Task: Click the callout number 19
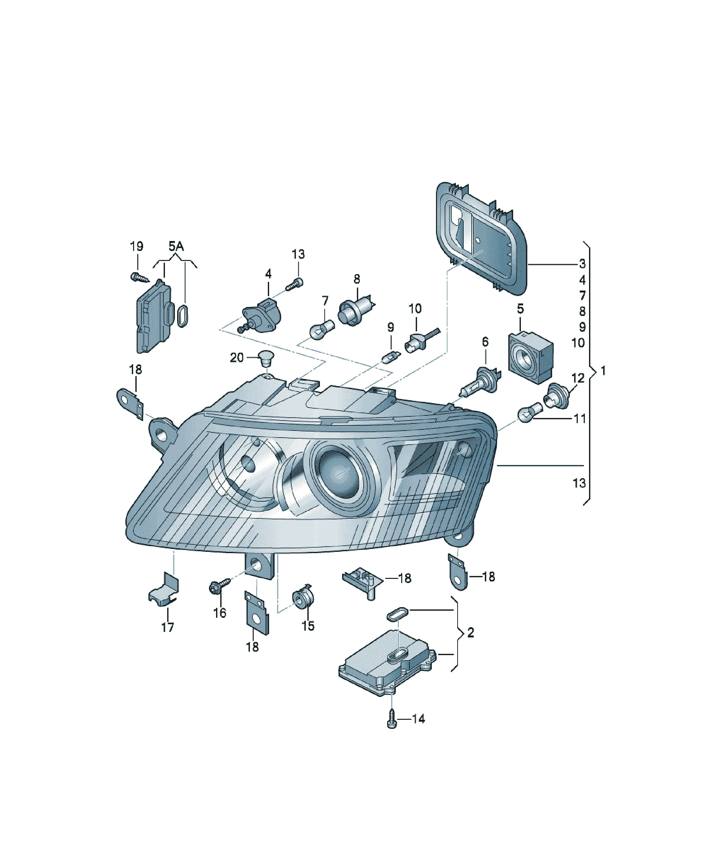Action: tap(136, 246)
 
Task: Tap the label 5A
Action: tap(176, 246)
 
